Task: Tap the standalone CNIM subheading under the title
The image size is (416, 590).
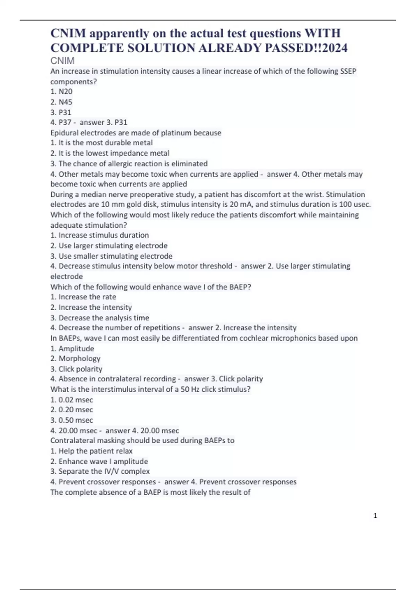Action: coord(62,61)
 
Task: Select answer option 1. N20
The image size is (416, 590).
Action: coord(61,92)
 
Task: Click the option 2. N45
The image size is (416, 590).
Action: coord(61,102)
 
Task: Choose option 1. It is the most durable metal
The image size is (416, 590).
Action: coord(102,143)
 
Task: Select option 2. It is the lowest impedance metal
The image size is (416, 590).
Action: coord(110,153)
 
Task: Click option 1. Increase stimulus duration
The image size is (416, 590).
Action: coord(100,235)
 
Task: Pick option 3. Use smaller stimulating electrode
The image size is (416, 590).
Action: coord(111,256)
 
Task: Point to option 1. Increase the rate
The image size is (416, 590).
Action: coord(83,297)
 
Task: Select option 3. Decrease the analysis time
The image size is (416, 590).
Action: coord(100,318)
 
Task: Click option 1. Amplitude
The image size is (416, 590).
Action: coord(72,348)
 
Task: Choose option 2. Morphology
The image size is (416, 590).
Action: coord(75,359)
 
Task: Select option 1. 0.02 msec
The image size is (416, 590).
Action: coord(72,400)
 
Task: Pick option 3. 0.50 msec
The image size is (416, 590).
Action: coord(72,420)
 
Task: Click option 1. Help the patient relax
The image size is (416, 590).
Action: coord(92,451)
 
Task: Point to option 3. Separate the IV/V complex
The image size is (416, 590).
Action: coord(100,471)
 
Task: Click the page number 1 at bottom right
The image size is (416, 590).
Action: coord(375,516)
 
